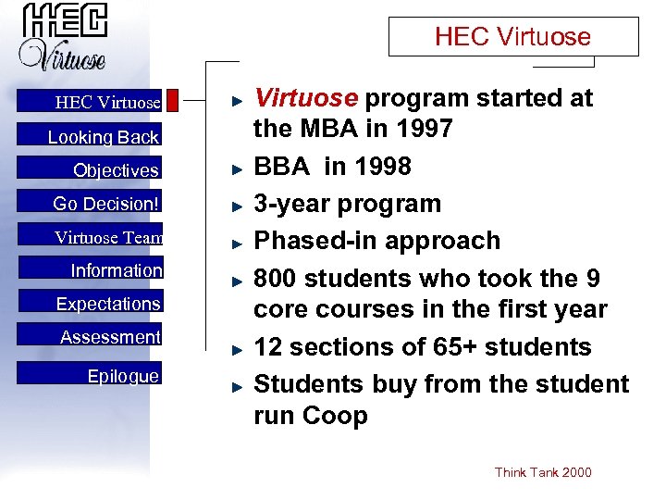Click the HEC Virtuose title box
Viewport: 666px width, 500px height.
512,37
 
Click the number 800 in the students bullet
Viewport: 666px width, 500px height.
277,278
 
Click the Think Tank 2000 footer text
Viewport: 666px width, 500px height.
543,472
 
